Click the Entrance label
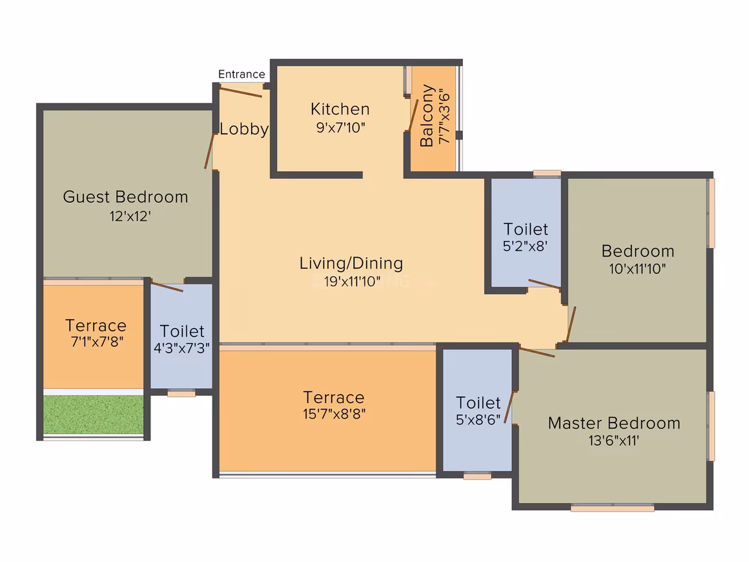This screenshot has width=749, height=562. point(241,74)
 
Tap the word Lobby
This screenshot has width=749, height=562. point(243,129)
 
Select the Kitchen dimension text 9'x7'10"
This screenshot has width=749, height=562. point(340,128)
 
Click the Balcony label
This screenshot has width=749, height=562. point(427,116)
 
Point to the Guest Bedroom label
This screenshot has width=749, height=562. point(126,197)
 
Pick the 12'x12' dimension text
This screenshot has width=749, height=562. point(130,216)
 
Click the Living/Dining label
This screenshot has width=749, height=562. point(351,264)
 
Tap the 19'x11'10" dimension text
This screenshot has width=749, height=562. point(352,282)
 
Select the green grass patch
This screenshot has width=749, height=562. point(94,414)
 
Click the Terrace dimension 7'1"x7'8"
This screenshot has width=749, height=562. point(97,342)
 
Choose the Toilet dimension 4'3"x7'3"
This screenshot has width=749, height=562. point(181,348)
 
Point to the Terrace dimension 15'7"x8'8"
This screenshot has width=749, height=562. point(334,414)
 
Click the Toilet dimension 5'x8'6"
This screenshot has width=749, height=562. point(478,420)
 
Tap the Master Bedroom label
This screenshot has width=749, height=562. point(614,423)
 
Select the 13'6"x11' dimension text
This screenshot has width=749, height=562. point(614,441)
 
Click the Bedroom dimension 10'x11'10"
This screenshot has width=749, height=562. point(637,269)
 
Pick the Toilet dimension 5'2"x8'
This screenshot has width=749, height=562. point(525,246)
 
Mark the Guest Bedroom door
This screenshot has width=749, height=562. point(209,151)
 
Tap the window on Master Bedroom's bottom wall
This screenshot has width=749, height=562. point(612,508)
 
